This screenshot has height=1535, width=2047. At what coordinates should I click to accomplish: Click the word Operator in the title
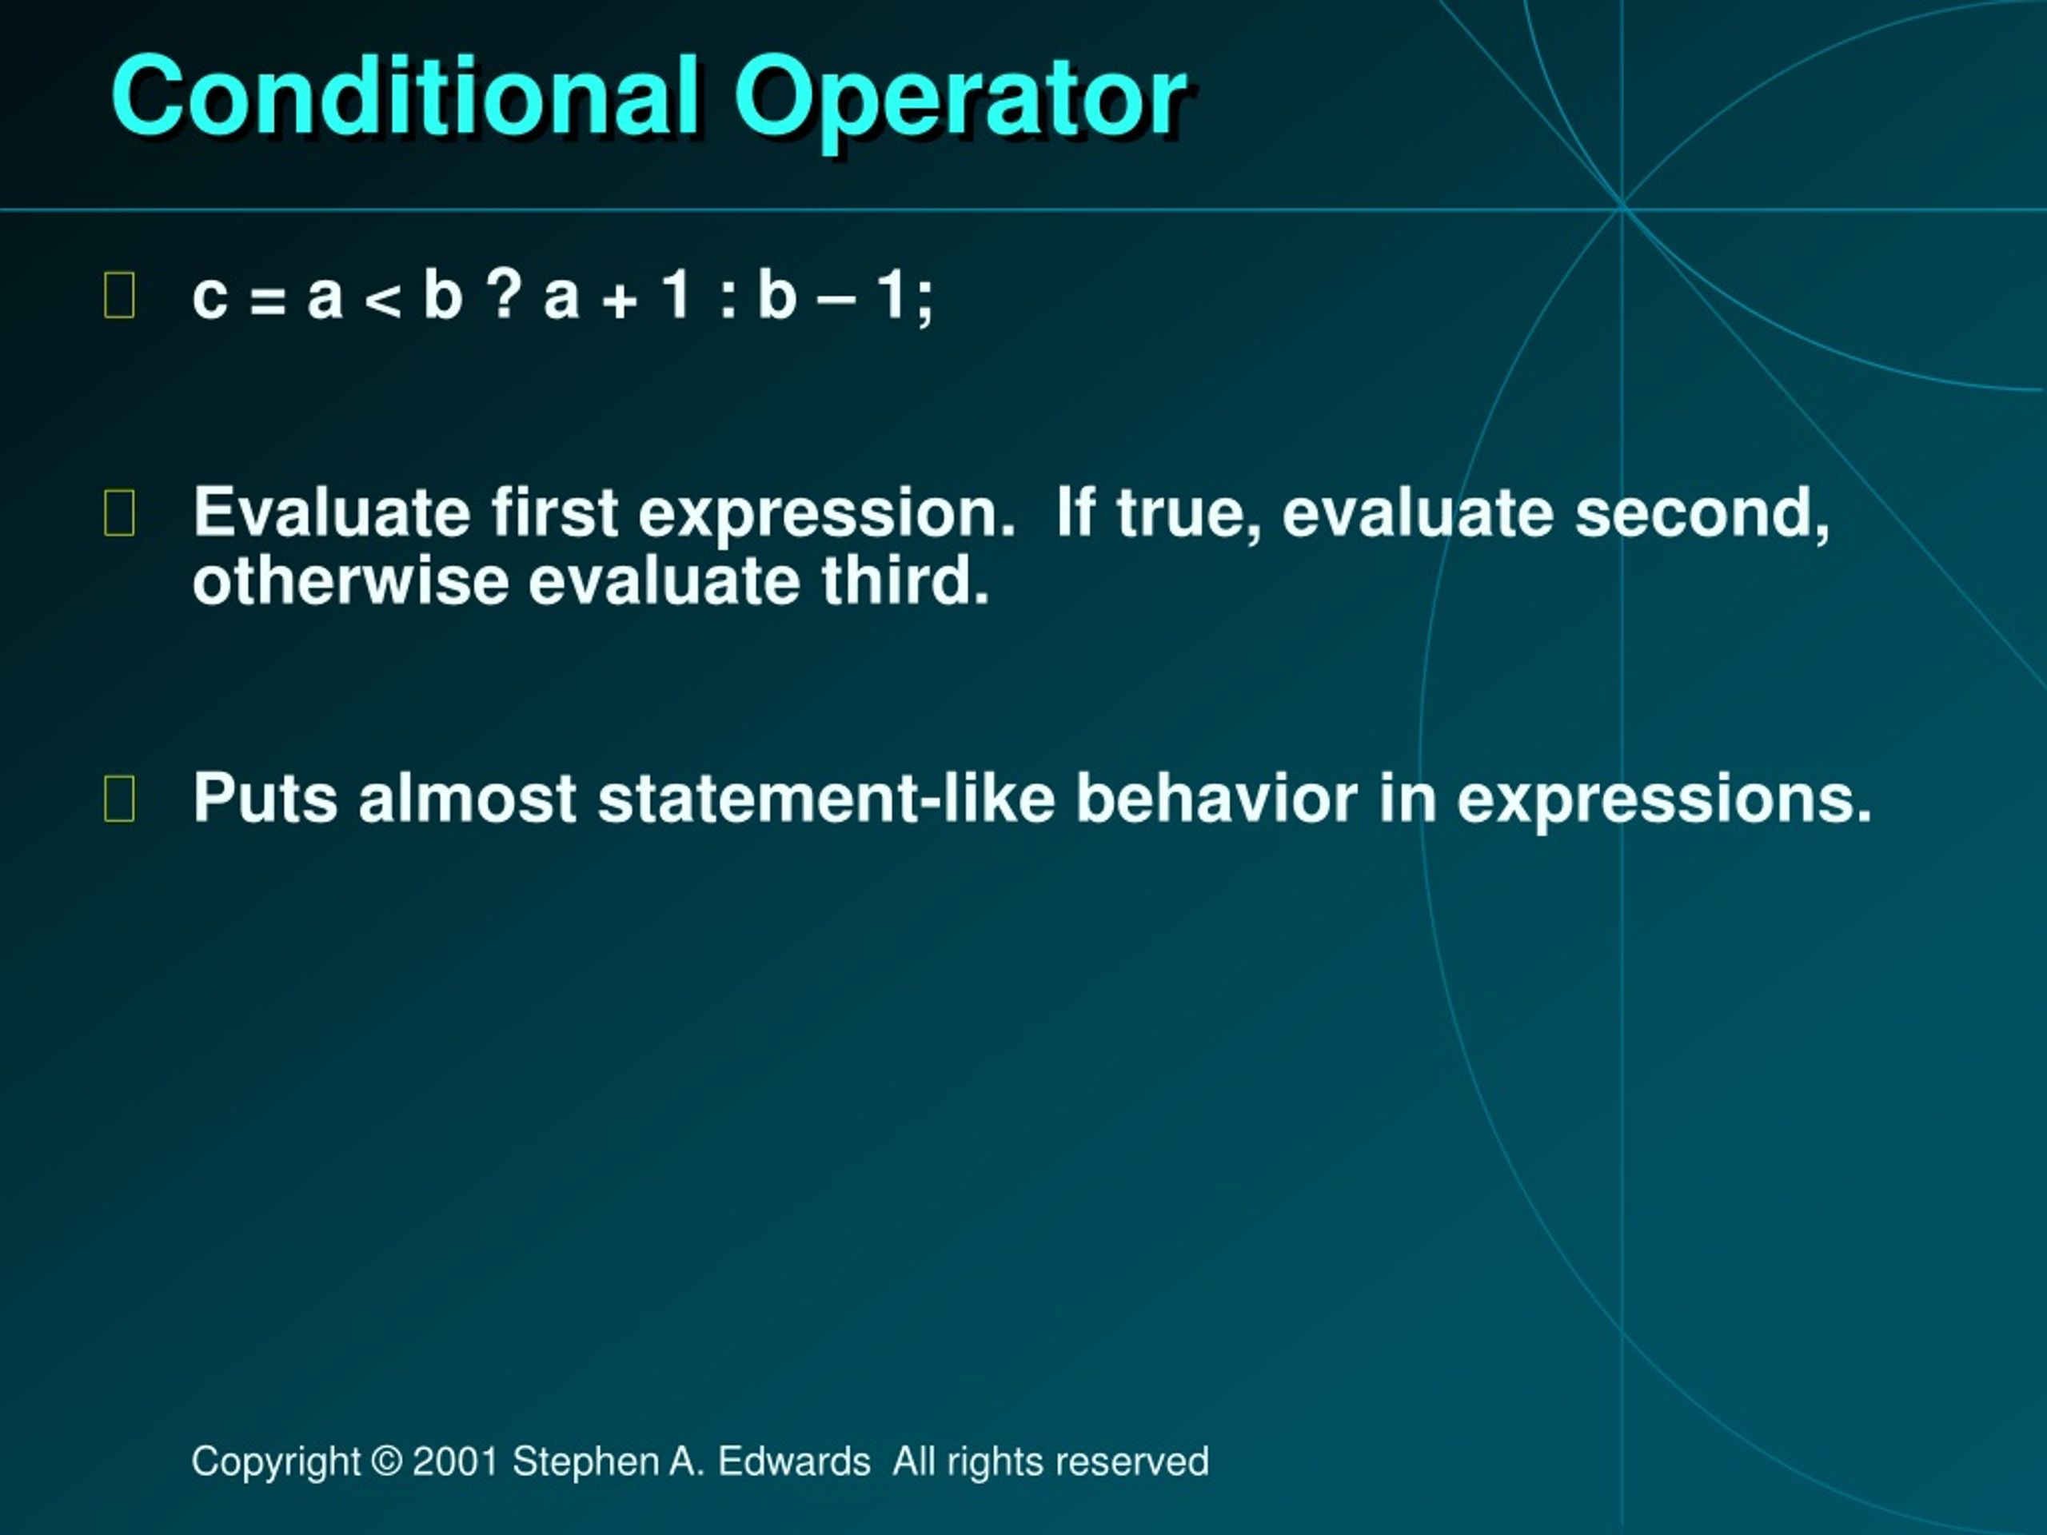point(960,102)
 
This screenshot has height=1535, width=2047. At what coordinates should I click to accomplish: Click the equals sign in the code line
point(267,301)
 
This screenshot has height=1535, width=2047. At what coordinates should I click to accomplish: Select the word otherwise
point(351,581)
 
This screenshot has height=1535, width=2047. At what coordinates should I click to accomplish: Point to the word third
point(906,581)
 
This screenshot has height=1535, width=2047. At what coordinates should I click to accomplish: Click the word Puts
point(265,798)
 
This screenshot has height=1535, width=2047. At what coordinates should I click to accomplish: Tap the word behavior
point(1217,798)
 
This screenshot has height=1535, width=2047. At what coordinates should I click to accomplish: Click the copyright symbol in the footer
point(387,1461)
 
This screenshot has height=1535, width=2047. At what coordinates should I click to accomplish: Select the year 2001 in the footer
point(455,1461)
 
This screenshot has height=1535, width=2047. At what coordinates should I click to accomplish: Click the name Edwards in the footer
point(794,1461)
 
